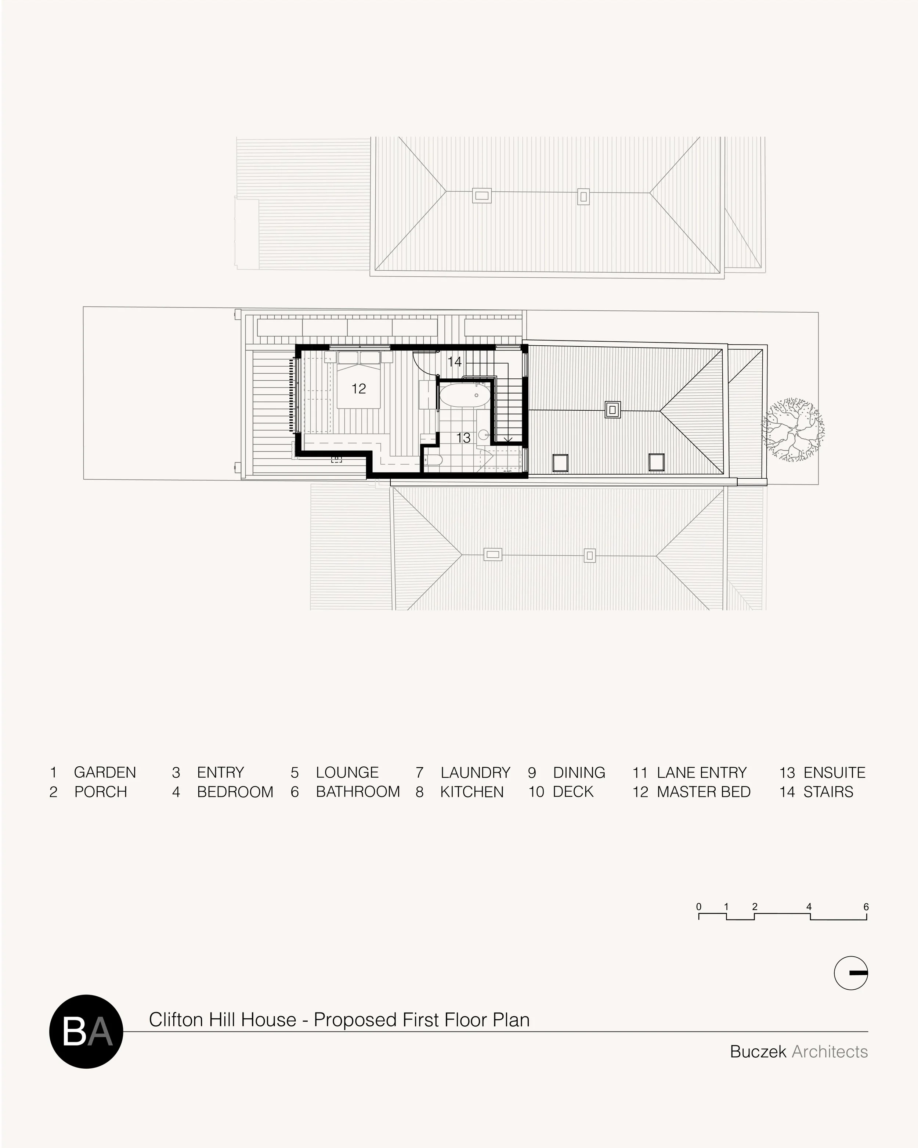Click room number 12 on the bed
359,389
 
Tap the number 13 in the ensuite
463,438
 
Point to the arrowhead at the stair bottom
508,440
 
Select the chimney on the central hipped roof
612,410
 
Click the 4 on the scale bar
809,907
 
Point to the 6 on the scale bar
866,907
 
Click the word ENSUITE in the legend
834,772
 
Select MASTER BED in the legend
704,792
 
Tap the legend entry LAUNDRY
475,772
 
